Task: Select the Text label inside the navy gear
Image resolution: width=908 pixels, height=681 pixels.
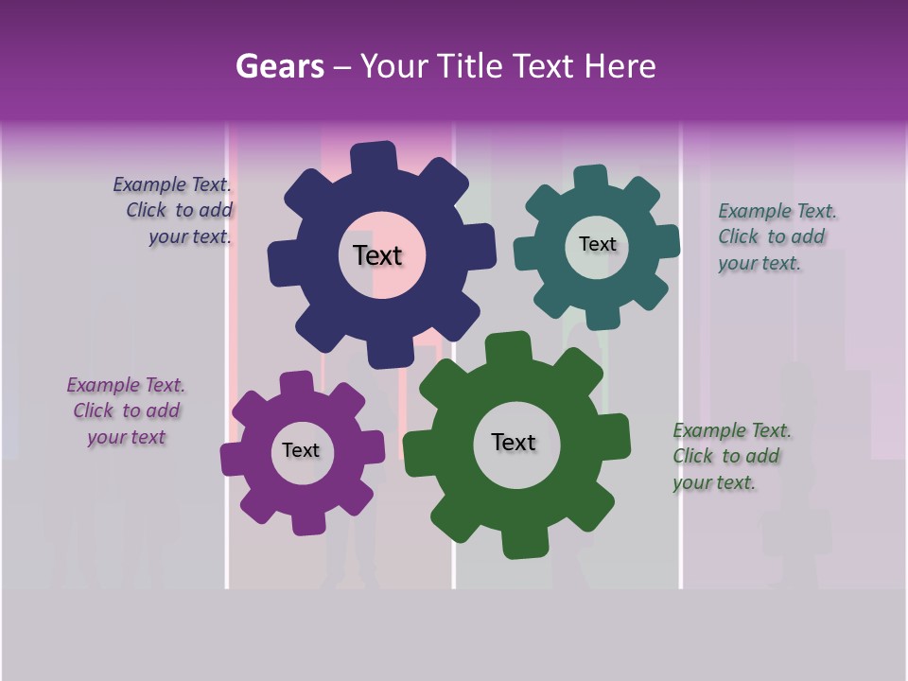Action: click(x=378, y=255)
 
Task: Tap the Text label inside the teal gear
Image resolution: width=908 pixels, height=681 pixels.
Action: click(x=598, y=244)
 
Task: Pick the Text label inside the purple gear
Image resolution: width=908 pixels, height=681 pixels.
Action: click(x=301, y=450)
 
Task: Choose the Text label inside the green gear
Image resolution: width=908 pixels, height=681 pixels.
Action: click(x=514, y=442)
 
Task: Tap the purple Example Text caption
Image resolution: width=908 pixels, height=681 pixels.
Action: click(x=127, y=410)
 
